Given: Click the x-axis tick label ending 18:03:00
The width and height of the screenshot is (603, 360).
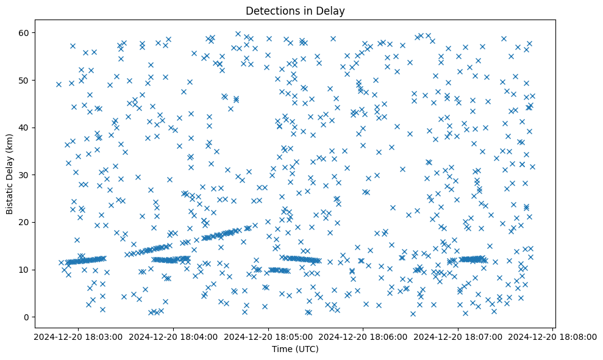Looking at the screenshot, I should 79,336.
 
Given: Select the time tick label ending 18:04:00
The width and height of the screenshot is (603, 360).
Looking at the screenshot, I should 174,336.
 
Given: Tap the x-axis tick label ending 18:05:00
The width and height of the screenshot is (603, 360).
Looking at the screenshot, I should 268,336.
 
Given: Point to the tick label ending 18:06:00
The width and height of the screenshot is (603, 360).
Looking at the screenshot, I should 363,336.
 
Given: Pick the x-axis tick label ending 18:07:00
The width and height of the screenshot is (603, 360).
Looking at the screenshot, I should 458,336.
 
